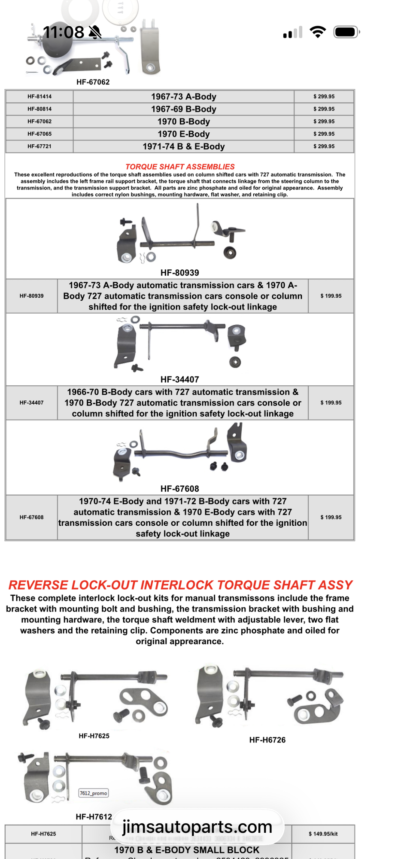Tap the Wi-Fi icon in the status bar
[x=318, y=32]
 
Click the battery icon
[x=346, y=32]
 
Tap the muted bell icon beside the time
[x=95, y=32]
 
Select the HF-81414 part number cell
[x=39, y=97]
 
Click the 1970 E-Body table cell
[x=183, y=134]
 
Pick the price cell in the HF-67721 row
[x=324, y=146]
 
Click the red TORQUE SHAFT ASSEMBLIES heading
[x=180, y=167]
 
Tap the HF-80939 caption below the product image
[x=179, y=273]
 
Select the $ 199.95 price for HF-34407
[x=331, y=403]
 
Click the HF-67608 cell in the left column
[x=31, y=518]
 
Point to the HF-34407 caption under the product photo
[x=179, y=380]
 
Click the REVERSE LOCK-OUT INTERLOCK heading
[x=180, y=585]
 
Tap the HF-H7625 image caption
[x=94, y=736]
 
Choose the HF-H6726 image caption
[x=267, y=740]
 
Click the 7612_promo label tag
[x=94, y=793]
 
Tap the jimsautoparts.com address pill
[x=197, y=827]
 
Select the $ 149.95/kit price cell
[x=323, y=834]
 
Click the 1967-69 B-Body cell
[x=183, y=109]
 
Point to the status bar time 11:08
[x=64, y=32]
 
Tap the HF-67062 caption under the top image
[x=93, y=82]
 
